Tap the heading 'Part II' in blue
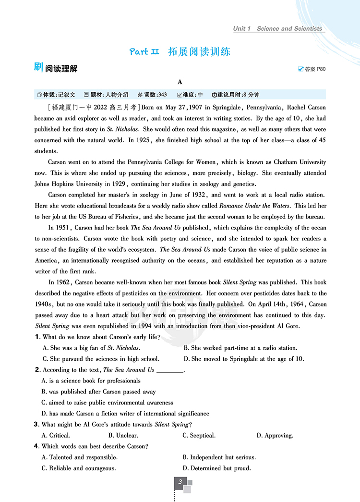click(x=144, y=52)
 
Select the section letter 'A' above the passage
click(x=180, y=82)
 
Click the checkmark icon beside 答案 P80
click(x=301, y=69)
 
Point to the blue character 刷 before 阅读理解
click(x=39, y=68)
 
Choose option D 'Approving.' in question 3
click(x=275, y=435)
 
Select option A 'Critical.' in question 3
click(x=56, y=435)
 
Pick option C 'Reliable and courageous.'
click(x=79, y=468)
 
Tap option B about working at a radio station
click(x=240, y=348)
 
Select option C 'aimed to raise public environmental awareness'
click(x=108, y=403)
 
